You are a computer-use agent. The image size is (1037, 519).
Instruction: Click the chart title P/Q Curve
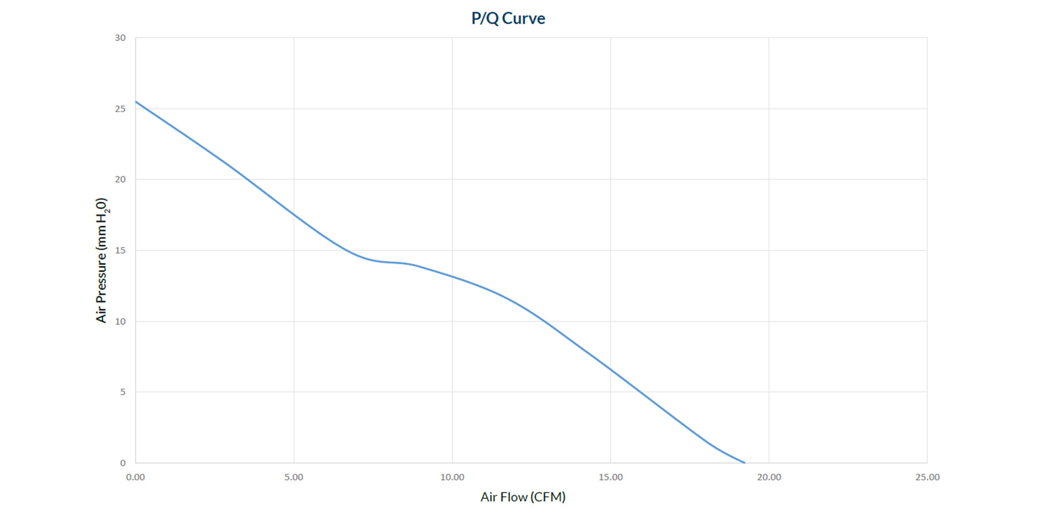click(x=508, y=18)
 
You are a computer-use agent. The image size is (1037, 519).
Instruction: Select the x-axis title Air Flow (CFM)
click(x=523, y=497)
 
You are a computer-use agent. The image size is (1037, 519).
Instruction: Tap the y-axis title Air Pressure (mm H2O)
click(x=101, y=260)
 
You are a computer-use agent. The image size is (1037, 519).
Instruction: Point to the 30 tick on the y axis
click(x=120, y=38)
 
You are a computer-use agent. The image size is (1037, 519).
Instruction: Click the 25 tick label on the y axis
click(x=120, y=109)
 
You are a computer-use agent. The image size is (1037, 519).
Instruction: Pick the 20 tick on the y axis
click(x=120, y=179)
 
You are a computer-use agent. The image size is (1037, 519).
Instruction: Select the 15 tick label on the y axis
click(x=120, y=250)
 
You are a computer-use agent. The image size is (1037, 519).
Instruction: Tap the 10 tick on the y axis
click(x=120, y=321)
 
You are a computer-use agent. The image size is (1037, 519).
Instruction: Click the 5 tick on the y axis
click(x=122, y=392)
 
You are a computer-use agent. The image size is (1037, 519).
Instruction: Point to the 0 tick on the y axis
click(x=122, y=463)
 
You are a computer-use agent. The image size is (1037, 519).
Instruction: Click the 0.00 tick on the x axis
click(x=135, y=477)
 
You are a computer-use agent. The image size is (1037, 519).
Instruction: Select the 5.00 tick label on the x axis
click(x=294, y=477)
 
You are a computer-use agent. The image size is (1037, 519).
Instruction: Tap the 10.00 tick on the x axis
click(x=452, y=477)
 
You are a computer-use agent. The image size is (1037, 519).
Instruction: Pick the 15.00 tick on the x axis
click(x=611, y=477)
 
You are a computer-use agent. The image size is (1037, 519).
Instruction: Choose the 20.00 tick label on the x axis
click(x=769, y=477)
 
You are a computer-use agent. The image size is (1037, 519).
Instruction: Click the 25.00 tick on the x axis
click(x=927, y=477)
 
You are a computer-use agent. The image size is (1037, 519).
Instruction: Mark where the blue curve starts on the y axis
click(x=136, y=101)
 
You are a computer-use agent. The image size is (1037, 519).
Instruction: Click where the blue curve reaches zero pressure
click(x=744, y=462)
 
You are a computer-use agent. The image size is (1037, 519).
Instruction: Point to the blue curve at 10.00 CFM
click(x=452, y=277)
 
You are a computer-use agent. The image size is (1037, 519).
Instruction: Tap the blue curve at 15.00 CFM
click(x=611, y=369)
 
